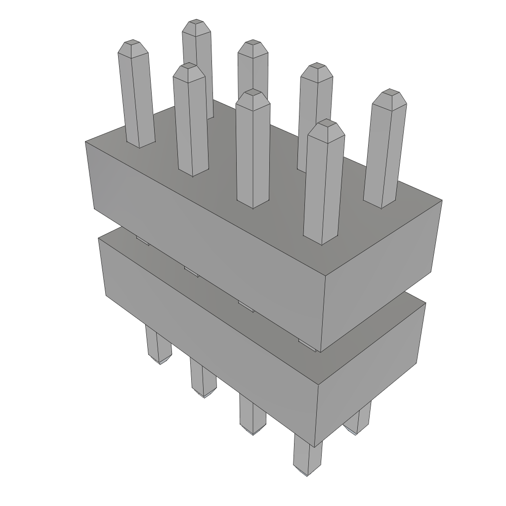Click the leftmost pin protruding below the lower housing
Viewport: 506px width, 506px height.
[x=158, y=346]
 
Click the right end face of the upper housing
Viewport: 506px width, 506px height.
[x=380, y=277]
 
